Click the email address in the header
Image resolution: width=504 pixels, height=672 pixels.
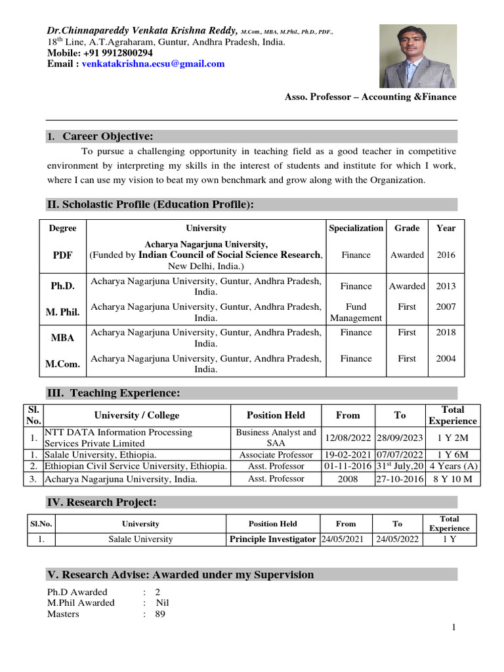pos(153,64)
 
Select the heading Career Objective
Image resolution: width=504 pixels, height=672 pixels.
pos(108,136)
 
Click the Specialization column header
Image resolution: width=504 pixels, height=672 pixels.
pos(356,228)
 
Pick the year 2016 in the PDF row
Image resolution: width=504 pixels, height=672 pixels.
pos(446,255)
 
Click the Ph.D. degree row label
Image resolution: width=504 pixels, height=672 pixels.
pos(63,286)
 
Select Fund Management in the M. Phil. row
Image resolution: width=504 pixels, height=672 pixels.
pos(356,312)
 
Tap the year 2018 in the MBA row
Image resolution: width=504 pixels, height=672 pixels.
pos(446,332)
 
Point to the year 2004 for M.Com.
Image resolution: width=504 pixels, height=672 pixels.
pos(446,358)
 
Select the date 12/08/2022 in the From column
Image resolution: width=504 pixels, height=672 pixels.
pos(348,438)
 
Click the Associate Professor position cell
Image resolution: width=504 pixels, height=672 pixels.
pos(276,455)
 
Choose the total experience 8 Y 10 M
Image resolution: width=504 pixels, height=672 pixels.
pos(452,479)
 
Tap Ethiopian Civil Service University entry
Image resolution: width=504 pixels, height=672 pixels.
pos(136,466)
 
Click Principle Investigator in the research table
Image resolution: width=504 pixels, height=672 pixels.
pos(272,539)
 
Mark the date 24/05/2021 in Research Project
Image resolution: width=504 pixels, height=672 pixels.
pos(346,539)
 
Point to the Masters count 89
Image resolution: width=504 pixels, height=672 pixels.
pos(160,614)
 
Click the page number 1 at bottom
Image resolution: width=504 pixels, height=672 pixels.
pos(453,628)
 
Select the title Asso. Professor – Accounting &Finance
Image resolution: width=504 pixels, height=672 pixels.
pos(370,96)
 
